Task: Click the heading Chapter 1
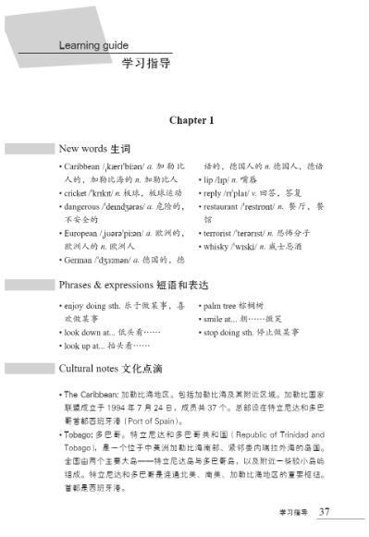coord(191,120)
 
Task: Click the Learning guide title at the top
coord(92,44)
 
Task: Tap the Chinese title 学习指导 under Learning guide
coord(145,65)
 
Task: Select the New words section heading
coord(94,148)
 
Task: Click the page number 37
coord(324,511)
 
